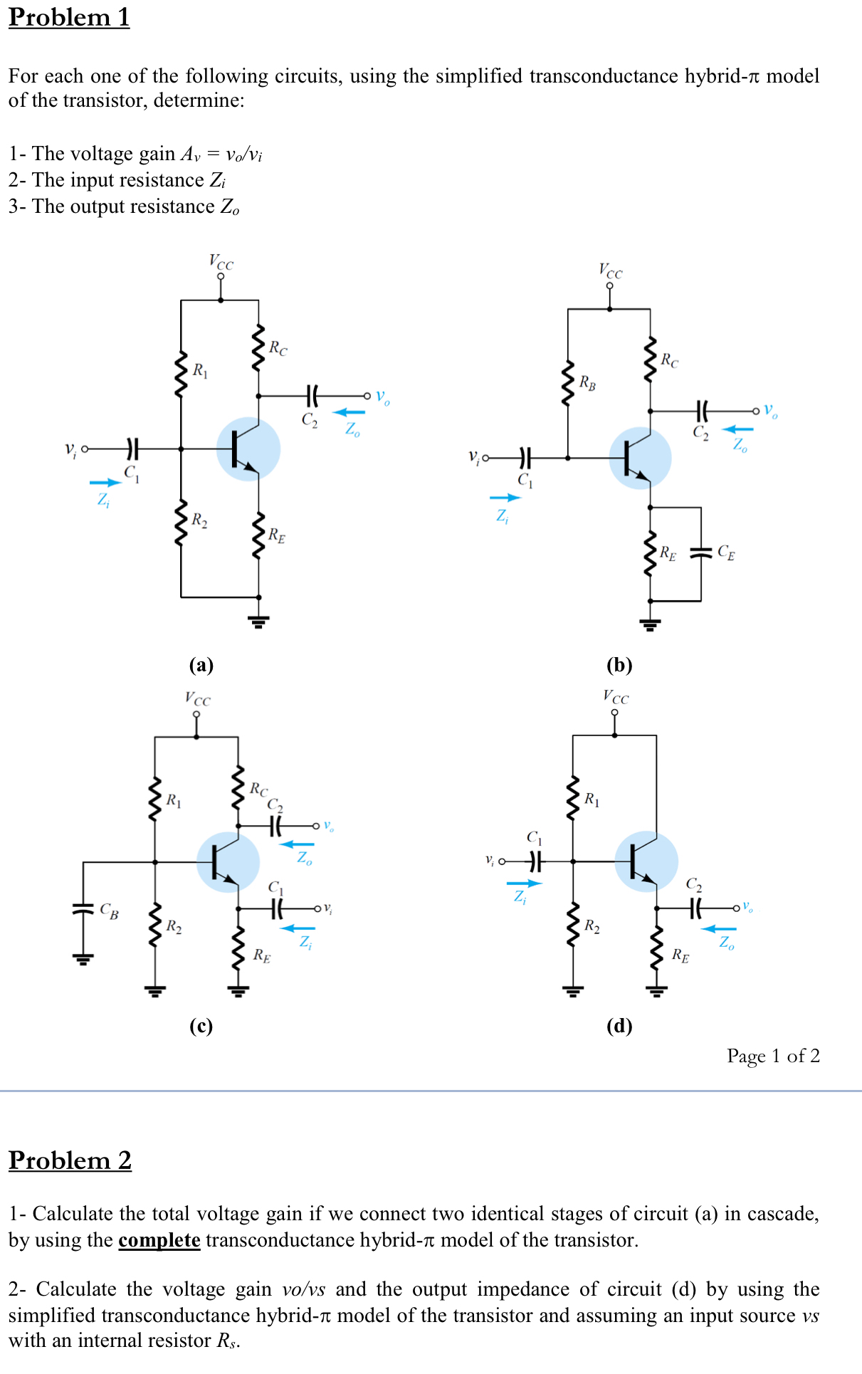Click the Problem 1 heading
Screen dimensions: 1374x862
[69, 17]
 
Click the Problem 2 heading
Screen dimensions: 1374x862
[70, 1160]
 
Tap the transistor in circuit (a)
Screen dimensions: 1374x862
[248, 449]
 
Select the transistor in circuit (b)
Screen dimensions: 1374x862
[640, 458]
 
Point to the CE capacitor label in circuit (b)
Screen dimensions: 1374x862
[726, 552]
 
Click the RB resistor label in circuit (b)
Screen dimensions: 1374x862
[587, 383]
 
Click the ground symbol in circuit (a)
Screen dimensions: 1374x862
[258, 622]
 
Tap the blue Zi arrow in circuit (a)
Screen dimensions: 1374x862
[105, 483]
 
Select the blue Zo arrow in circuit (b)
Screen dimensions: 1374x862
[737, 429]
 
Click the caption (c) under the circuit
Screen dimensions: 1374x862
[201, 1026]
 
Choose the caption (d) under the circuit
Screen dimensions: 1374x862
[619, 1026]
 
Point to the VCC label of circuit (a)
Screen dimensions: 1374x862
[221, 262]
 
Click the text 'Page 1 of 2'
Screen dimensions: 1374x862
[773, 1056]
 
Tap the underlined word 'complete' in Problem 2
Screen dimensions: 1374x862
[159, 1240]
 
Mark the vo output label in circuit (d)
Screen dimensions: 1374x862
[747, 906]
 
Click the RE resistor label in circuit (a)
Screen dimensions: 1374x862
[277, 535]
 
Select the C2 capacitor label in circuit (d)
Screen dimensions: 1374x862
[694, 885]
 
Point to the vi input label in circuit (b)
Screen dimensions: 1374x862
[473, 456]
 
